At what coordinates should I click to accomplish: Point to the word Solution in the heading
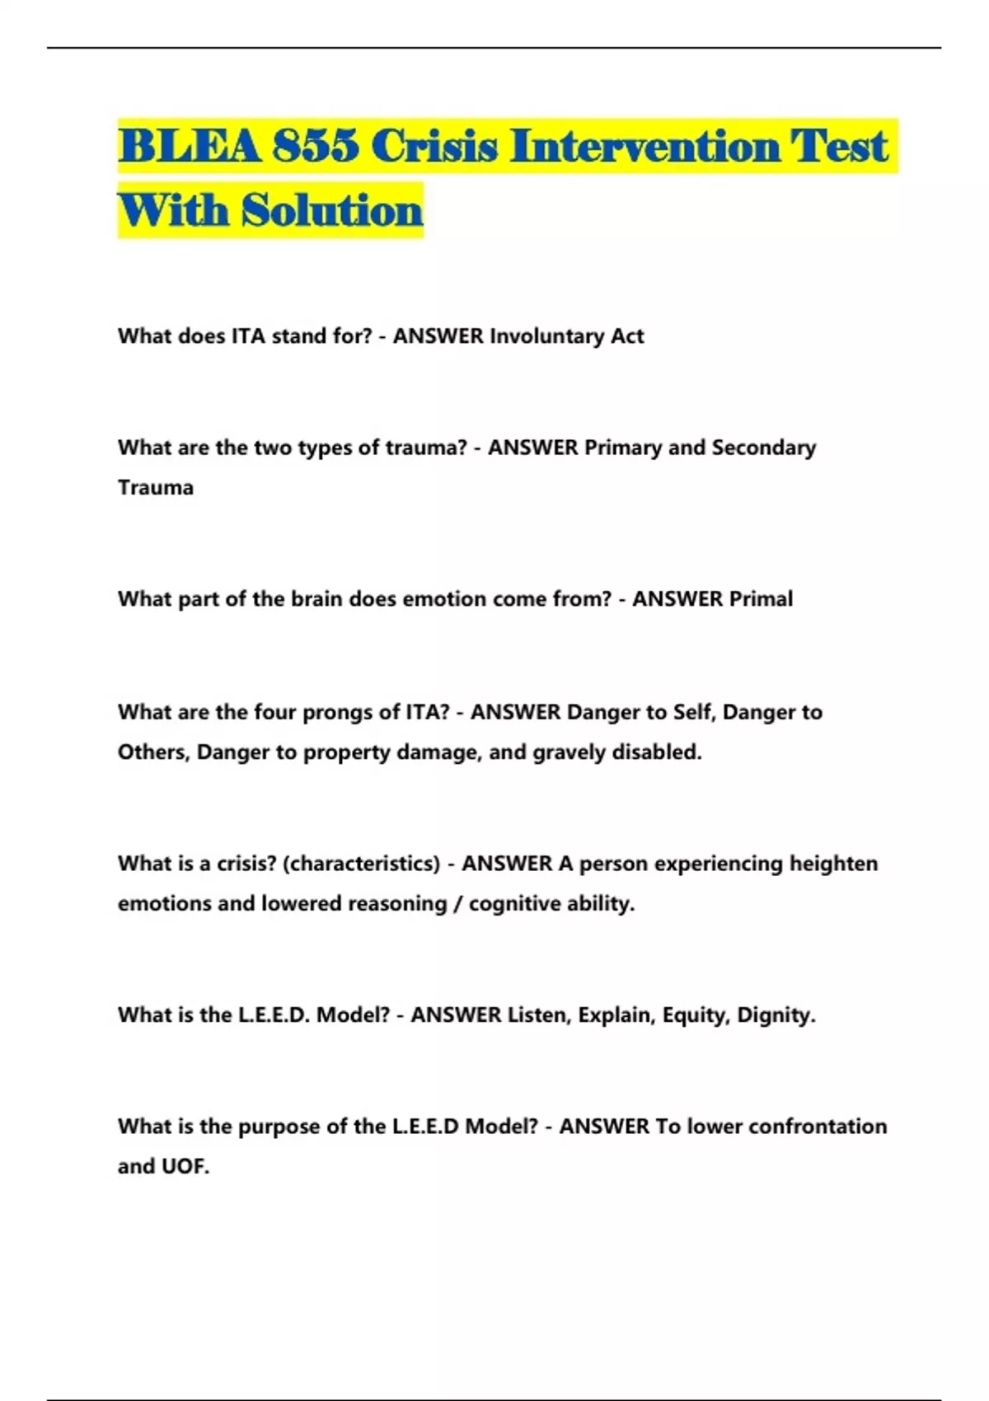click(x=332, y=210)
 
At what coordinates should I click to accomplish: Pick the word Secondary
click(x=763, y=447)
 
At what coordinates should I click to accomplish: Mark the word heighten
click(x=833, y=864)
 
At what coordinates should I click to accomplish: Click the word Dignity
click(x=775, y=1015)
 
